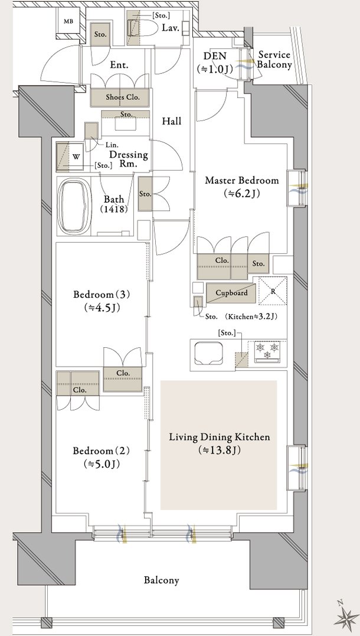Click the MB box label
pyautogui.click(x=68, y=21)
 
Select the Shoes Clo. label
pyautogui.click(x=122, y=97)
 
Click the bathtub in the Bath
pyautogui.click(x=74, y=207)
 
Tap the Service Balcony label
pyautogui.click(x=274, y=60)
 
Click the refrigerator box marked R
pyautogui.click(x=273, y=291)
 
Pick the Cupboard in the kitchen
pyautogui.click(x=231, y=293)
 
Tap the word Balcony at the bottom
pyautogui.click(x=161, y=580)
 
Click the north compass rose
pyautogui.click(x=346, y=617)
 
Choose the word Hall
pyautogui.click(x=172, y=121)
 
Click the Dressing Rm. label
pyautogui.click(x=128, y=159)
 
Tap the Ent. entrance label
pyautogui.click(x=119, y=65)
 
